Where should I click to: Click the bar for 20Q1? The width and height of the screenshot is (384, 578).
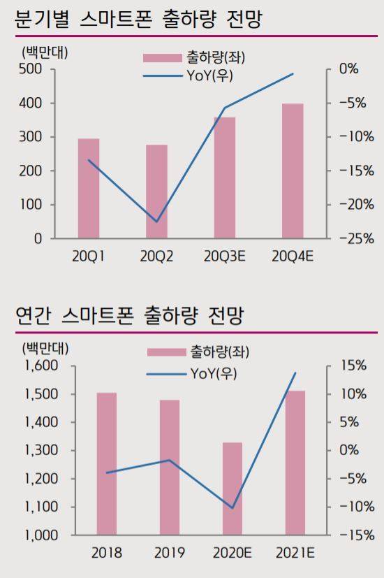pyautogui.click(x=88, y=189)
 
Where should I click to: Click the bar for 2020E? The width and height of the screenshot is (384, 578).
pyautogui.click(x=232, y=489)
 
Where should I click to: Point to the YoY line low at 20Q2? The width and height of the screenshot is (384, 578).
pyautogui.click(x=156, y=222)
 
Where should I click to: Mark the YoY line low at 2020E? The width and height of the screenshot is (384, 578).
pyautogui.click(x=232, y=508)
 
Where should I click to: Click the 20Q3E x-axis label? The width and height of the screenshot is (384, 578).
pyautogui.click(x=224, y=257)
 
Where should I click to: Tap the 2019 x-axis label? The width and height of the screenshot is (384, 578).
pyautogui.click(x=169, y=553)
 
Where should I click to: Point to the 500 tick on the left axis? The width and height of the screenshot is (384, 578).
pyautogui.click(x=32, y=69)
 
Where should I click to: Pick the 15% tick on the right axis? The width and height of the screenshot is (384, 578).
pyautogui.click(x=353, y=366)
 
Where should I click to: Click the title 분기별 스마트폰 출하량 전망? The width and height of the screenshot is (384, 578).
pyautogui.click(x=138, y=19)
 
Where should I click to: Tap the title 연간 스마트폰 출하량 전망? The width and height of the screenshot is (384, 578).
pyautogui.click(x=128, y=316)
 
